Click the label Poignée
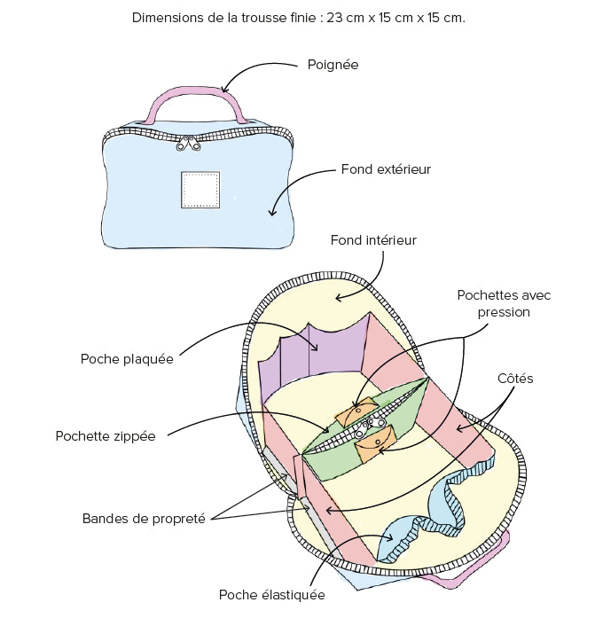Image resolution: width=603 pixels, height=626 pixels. (333, 65)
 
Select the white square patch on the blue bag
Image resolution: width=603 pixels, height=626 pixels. (200, 190)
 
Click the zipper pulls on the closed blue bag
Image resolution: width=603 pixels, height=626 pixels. (189, 144)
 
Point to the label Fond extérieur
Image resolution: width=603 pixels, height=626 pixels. (386, 169)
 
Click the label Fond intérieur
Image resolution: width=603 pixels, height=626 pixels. (373, 240)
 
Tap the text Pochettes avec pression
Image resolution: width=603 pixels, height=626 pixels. (504, 303)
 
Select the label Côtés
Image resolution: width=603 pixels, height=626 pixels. (515, 378)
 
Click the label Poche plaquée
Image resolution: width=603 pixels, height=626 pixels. (127, 359)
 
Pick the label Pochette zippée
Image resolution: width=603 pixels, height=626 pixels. (106, 436)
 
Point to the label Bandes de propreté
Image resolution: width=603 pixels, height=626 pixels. (144, 519)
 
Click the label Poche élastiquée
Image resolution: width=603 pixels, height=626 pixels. (272, 595)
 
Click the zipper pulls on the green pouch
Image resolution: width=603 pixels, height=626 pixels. (370, 426)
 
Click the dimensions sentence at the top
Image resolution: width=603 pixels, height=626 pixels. (299, 18)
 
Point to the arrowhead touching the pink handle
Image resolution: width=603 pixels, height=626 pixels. (225, 89)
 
